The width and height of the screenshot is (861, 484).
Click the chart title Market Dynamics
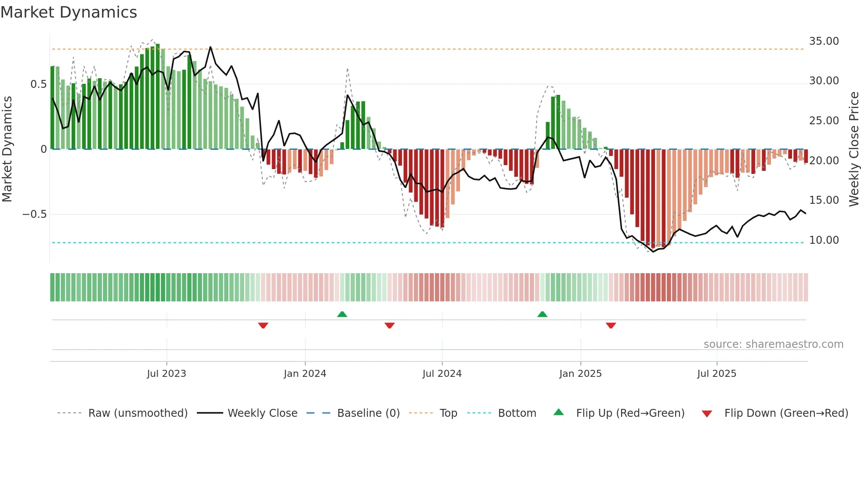pos(69,12)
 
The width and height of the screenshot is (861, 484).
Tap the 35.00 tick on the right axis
pos(824,41)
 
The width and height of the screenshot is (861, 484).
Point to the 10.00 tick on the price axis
pos(824,240)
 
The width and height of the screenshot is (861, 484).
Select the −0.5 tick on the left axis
pos(34,214)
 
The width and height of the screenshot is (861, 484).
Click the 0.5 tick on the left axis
pos(38,84)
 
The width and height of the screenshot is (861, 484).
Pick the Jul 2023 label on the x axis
pos(166,374)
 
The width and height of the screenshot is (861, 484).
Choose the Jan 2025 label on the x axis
pos(580,374)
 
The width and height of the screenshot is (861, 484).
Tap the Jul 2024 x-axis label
pos(442,374)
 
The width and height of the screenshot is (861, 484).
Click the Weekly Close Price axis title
pos(854,149)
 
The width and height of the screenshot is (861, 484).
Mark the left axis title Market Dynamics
pos(7,149)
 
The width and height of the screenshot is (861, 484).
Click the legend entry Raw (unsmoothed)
pos(137,413)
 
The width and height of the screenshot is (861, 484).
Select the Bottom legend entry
pos(517,413)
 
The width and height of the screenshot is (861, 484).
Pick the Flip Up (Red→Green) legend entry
pos(630,413)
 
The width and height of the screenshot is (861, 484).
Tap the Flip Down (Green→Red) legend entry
pos(786,413)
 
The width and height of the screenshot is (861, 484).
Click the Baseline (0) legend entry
pos(368,413)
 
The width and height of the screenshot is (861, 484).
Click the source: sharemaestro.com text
pos(773,344)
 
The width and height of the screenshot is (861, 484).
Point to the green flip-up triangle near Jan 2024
pos(342,314)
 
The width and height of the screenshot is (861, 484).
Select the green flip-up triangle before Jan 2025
pos(543,314)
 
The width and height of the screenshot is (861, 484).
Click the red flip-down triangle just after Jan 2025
pos(611,325)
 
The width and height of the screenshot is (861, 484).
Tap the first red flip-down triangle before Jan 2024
pos(263,325)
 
